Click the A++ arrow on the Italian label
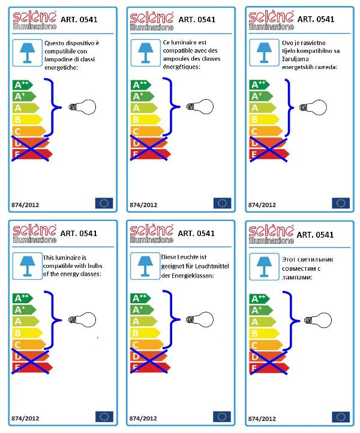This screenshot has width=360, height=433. pyautogui.click(x=23, y=85)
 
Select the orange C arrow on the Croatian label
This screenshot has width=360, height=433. pyautogui.click(x=266, y=131)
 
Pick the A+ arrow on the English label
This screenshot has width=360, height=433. pyautogui.click(x=24, y=310)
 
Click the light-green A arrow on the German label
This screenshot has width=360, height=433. pyautogui.click(x=144, y=321)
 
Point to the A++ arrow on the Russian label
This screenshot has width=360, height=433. pyautogui.click(x=260, y=299)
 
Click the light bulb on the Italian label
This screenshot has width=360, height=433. pyautogui.click(x=82, y=107)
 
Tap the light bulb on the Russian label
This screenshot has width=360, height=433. pyautogui.click(x=318, y=320)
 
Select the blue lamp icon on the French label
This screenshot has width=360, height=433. pyautogui.click(x=146, y=53)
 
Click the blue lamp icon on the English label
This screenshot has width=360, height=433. pyautogui.click(x=28, y=266)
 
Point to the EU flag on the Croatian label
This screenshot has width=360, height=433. pyautogui.click(x=341, y=203)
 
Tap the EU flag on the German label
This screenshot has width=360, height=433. pyautogui.click(x=222, y=417)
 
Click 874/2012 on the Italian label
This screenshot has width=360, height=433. pyautogui.click(x=25, y=205)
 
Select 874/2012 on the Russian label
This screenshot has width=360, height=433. pyautogui.click(x=262, y=419)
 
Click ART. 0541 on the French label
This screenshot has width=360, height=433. pyautogui.click(x=197, y=20)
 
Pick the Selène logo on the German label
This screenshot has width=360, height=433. pyautogui.click(x=151, y=234)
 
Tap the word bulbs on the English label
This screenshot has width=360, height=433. pyautogui.click(x=95, y=266)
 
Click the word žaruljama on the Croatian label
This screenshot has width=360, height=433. pyautogui.click(x=295, y=59)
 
